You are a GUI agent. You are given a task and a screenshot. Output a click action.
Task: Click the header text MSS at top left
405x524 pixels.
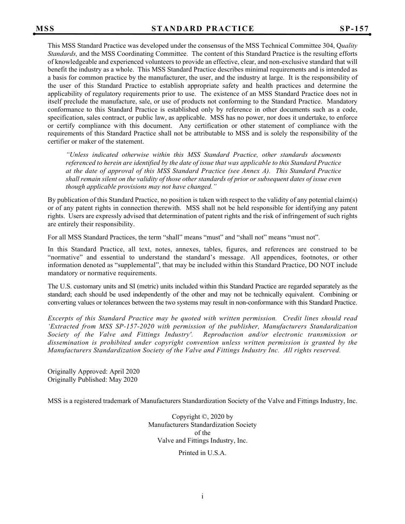point(45,29)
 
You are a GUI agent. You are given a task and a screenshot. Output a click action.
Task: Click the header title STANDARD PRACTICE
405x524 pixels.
point(202,29)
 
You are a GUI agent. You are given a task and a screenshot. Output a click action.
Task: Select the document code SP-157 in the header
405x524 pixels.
point(354,29)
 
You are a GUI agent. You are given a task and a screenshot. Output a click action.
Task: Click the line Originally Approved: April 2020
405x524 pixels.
point(93,371)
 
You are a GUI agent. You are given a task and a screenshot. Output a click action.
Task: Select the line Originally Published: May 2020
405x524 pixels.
point(93,380)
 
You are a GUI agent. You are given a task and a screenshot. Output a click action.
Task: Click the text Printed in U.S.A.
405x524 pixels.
point(202,453)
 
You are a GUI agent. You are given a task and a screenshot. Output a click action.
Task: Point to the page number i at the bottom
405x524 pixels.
point(202,496)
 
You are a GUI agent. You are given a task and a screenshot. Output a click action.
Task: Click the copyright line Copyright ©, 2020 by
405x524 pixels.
point(202,417)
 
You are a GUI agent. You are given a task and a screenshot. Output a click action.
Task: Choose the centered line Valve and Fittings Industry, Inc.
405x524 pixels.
point(202,441)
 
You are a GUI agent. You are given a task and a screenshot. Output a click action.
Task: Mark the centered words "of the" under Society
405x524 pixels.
point(202,432)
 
